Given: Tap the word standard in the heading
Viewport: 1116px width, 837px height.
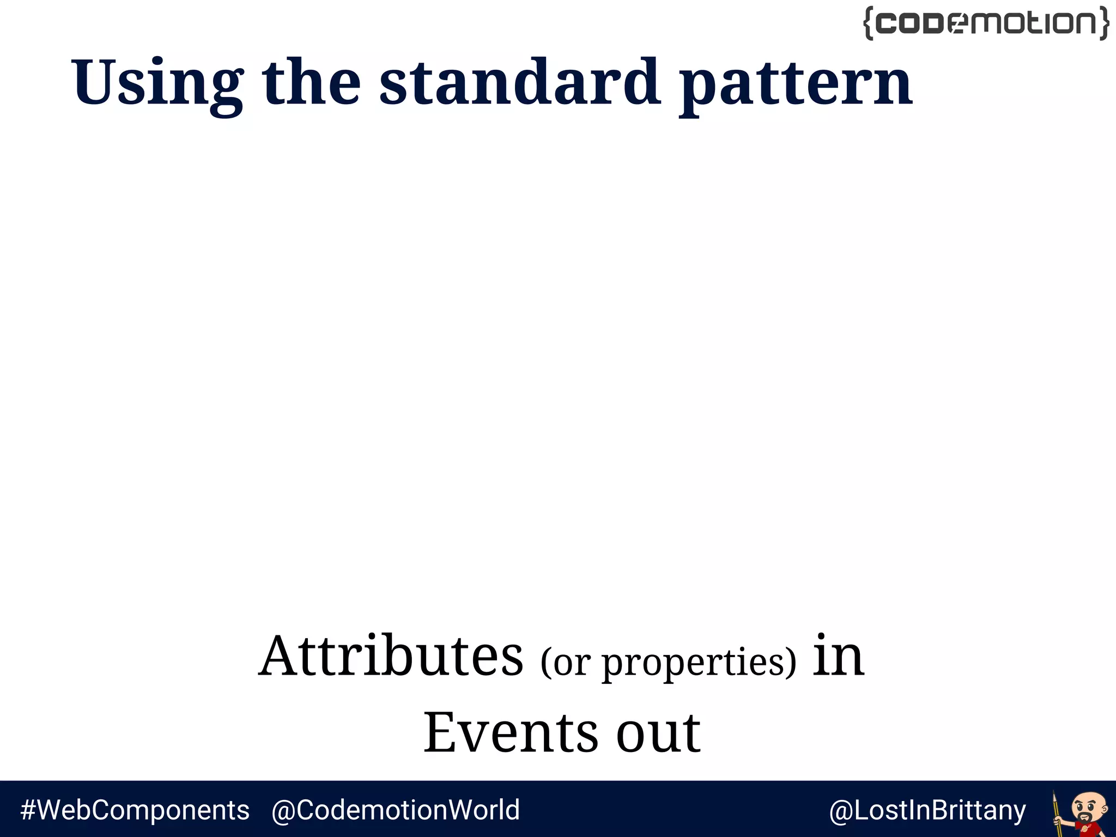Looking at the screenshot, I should [520, 82].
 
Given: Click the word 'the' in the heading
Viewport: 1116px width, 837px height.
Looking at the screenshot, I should [311, 82].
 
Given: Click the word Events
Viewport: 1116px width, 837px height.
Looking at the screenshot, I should [511, 733].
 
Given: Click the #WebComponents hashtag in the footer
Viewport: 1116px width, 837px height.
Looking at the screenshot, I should [135, 810].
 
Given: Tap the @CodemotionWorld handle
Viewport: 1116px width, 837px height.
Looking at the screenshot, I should [396, 810].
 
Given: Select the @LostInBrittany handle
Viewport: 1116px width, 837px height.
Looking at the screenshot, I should [927, 810].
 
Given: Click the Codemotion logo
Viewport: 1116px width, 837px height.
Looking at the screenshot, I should [986, 23].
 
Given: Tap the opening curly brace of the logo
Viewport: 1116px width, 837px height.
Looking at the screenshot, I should [869, 23].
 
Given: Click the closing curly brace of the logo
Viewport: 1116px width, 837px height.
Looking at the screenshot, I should [1103, 23].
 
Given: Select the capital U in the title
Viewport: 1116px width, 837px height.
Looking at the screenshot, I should [93, 82].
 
